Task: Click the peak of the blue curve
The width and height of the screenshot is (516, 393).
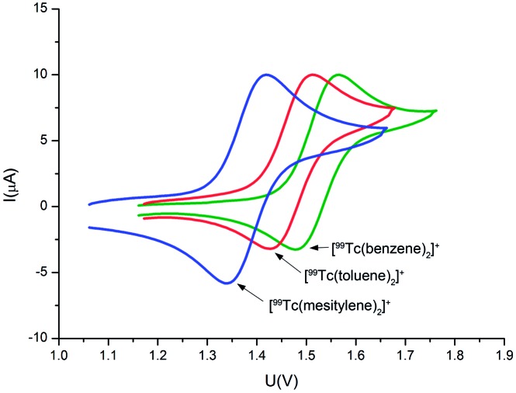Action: coord(266,75)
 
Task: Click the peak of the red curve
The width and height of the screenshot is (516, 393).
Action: coord(313,75)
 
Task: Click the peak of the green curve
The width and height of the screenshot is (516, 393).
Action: coord(338,75)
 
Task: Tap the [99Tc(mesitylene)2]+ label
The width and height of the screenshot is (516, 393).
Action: coord(329,304)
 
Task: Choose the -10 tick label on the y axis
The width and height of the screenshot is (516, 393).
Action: coord(40,339)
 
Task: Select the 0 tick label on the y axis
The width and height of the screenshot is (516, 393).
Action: coord(47,207)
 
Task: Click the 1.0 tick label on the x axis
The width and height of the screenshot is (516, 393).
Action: coord(58,356)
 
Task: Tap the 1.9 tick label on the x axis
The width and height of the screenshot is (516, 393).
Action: coord(504,356)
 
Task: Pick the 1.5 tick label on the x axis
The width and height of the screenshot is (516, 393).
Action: coord(306,356)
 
